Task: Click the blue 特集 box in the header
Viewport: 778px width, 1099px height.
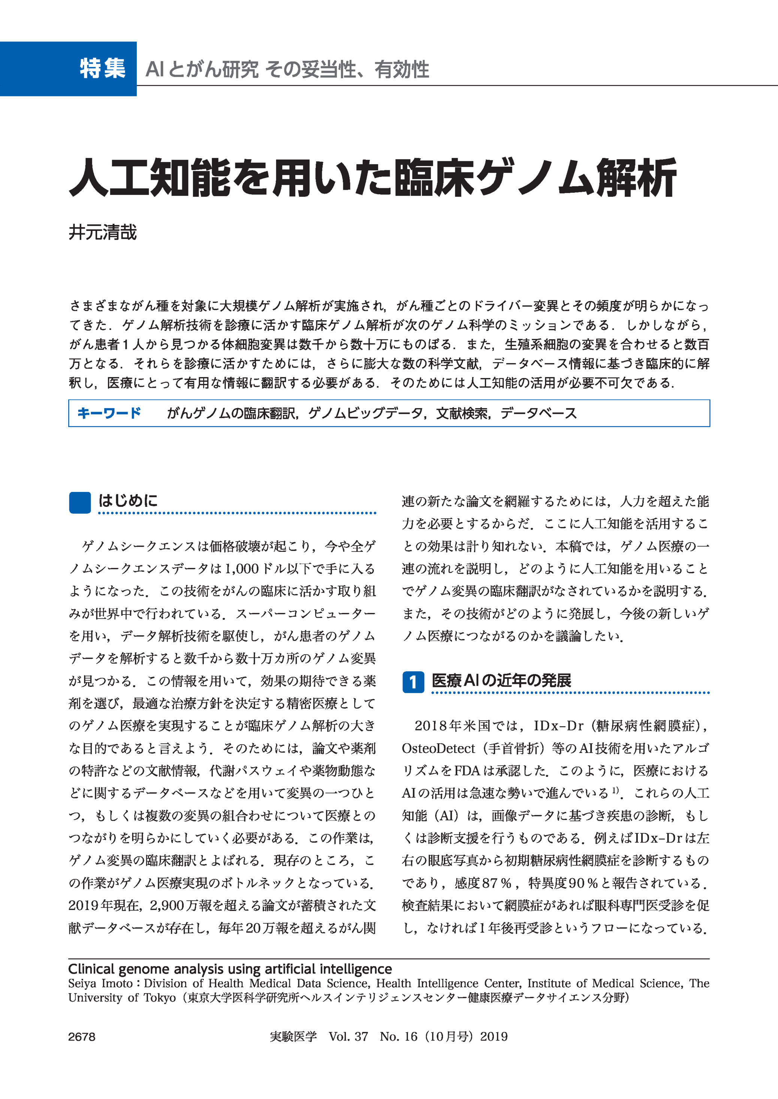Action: click(x=69, y=69)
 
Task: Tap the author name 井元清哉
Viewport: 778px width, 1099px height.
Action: click(x=103, y=232)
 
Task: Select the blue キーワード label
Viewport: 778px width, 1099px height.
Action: click(x=109, y=413)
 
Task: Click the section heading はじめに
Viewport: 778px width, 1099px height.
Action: click(x=128, y=501)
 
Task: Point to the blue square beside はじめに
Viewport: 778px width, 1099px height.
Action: click(x=80, y=503)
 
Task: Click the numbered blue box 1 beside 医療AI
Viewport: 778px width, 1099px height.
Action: click(x=413, y=682)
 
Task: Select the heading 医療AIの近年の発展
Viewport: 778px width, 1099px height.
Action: click(x=501, y=681)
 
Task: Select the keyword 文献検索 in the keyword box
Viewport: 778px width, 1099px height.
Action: click(x=462, y=413)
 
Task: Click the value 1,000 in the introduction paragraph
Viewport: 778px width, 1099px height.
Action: click(x=241, y=569)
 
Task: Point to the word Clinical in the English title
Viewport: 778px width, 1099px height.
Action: click(x=91, y=969)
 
